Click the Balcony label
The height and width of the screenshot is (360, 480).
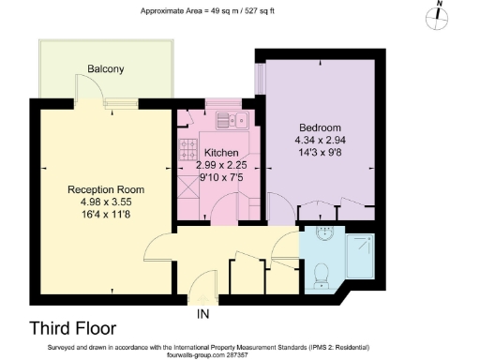click(106, 69)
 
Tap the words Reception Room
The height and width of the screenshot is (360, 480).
click(106, 189)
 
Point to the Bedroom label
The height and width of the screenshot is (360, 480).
click(320, 128)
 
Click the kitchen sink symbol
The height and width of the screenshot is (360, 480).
click(232, 119)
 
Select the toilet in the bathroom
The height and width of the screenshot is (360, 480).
click(321, 272)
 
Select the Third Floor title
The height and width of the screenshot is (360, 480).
click(73, 329)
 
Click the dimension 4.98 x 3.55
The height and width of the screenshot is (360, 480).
click(106, 202)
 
